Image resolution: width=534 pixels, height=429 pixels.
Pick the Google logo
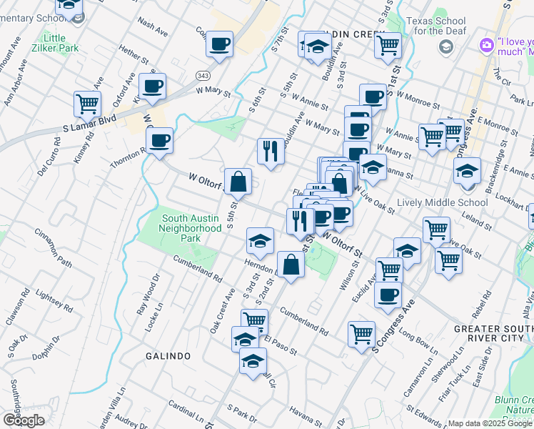[x=24, y=420]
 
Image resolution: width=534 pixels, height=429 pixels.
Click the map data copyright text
[x=489, y=423]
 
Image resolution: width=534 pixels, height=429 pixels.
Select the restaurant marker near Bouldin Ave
[x=270, y=151]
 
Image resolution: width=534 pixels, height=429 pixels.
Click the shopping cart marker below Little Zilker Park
[x=87, y=103]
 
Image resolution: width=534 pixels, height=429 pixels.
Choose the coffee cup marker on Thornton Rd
[x=159, y=140]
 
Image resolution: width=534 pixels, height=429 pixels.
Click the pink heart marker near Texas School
[x=487, y=45]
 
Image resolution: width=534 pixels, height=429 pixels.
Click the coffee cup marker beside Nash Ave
[x=219, y=44]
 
